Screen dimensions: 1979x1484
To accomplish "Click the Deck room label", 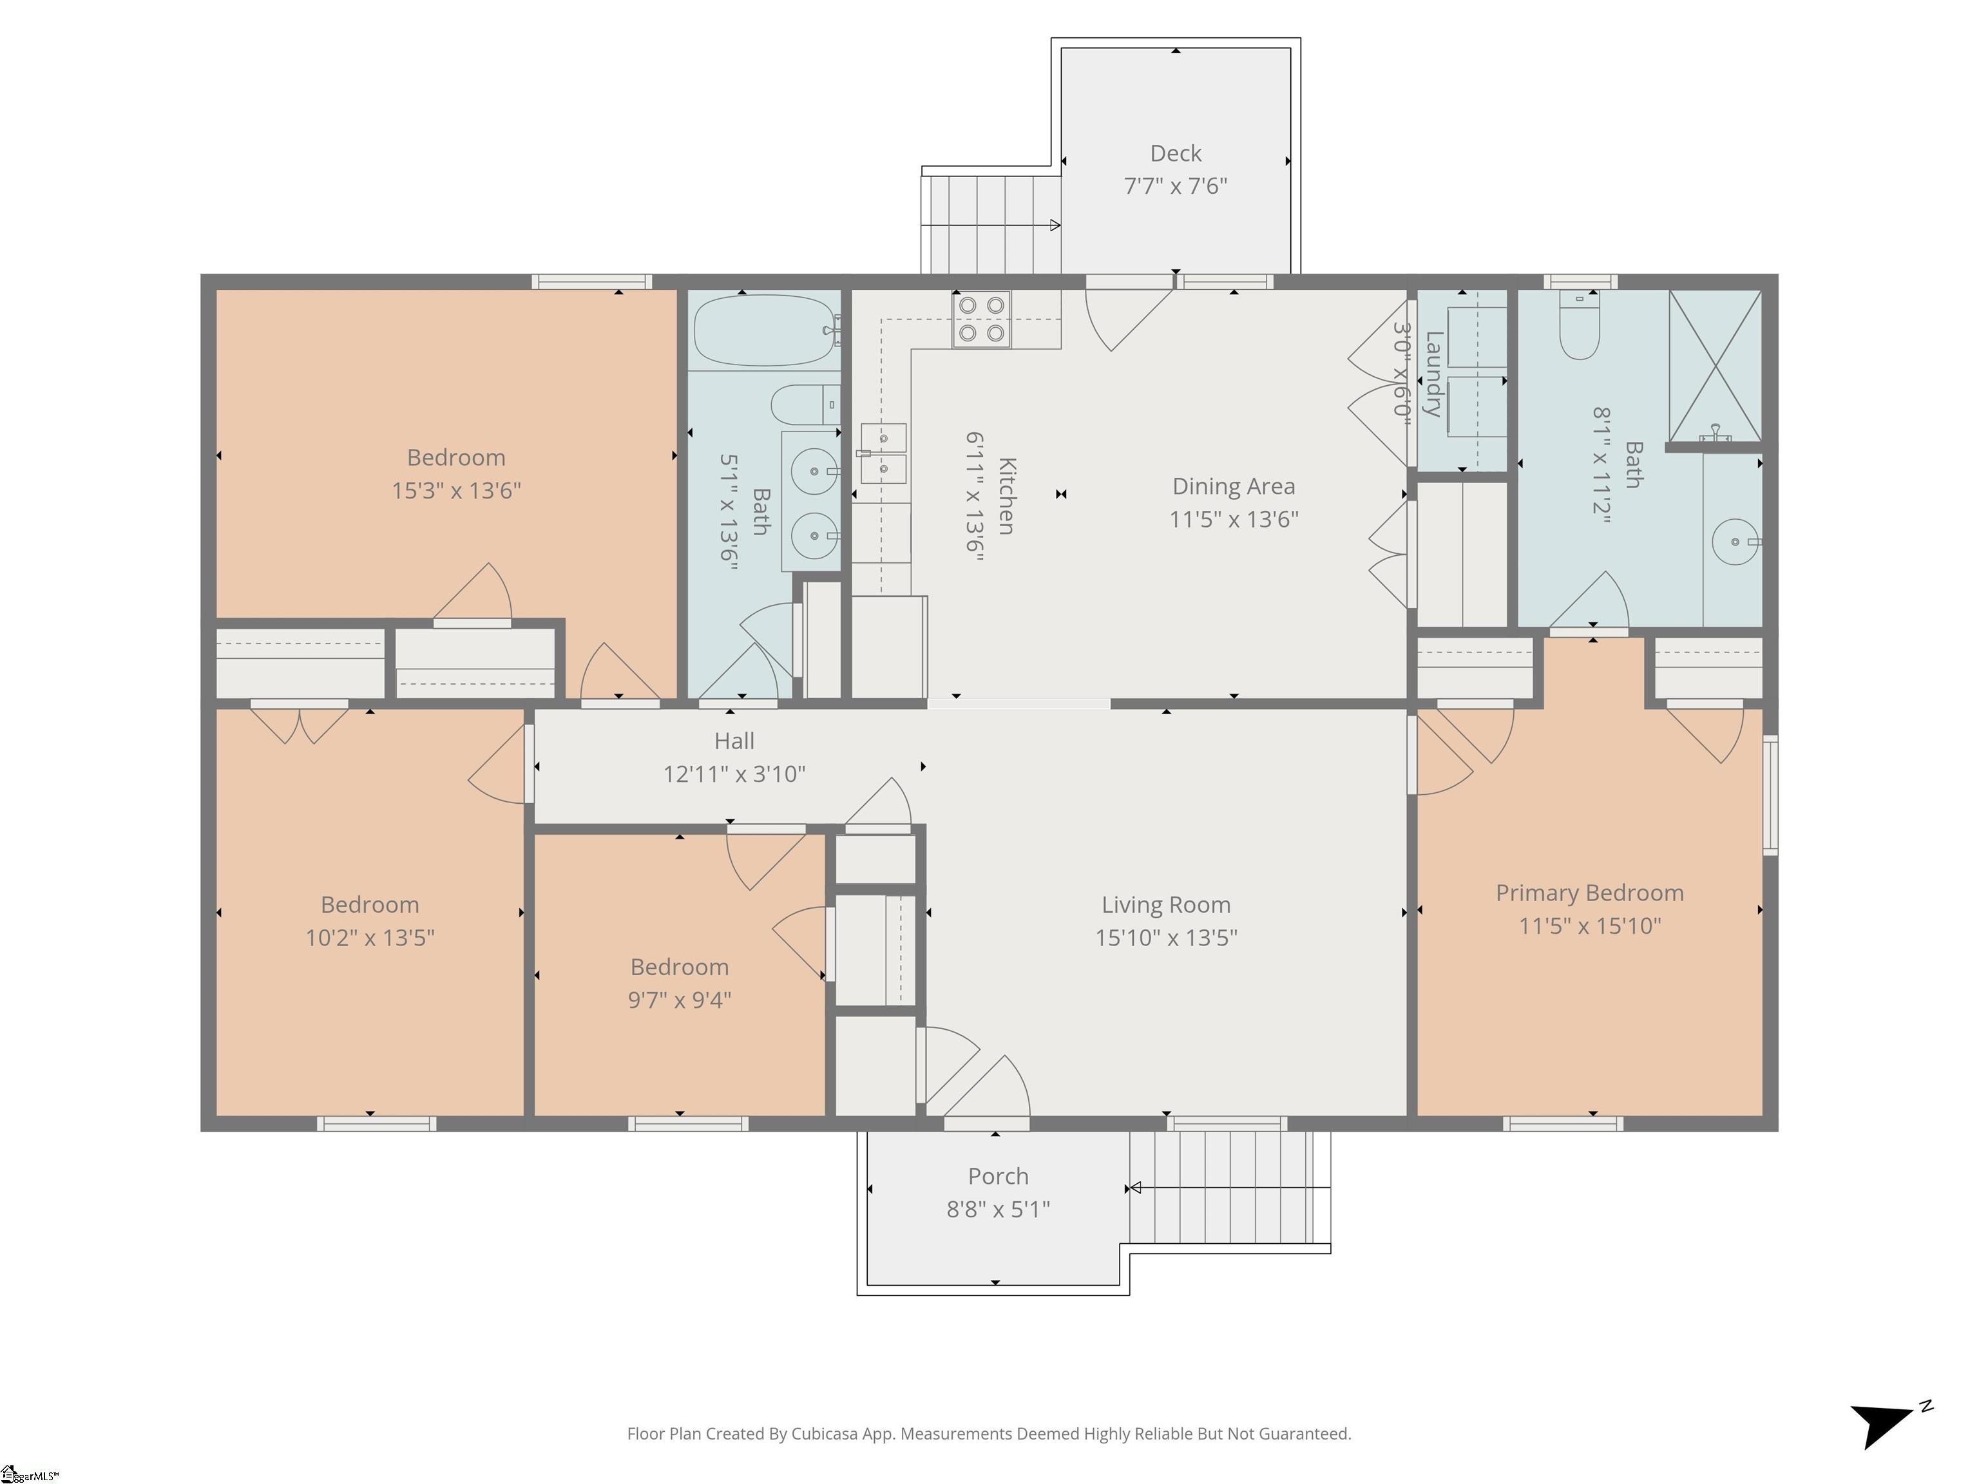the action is [x=1176, y=154].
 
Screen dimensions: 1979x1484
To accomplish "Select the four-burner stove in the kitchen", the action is [x=982, y=320].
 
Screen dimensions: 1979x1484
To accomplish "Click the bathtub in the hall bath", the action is [x=767, y=330].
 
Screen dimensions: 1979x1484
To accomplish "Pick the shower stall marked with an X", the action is [x=1715, y=366].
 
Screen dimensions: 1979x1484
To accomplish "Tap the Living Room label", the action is [x=1166, y=905].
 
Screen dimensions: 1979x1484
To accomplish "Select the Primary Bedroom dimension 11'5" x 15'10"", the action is [x=1590, y=926].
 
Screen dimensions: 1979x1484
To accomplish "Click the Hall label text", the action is [x=734, y=741].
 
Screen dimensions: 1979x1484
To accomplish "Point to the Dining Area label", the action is [x=1234, y=487].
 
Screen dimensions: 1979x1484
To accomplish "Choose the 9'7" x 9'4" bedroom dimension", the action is [x=680, y=1000].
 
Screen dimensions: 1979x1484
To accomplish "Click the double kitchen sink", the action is [x=883, y=453].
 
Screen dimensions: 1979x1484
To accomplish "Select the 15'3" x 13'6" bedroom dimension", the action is [x=456, y=491].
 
